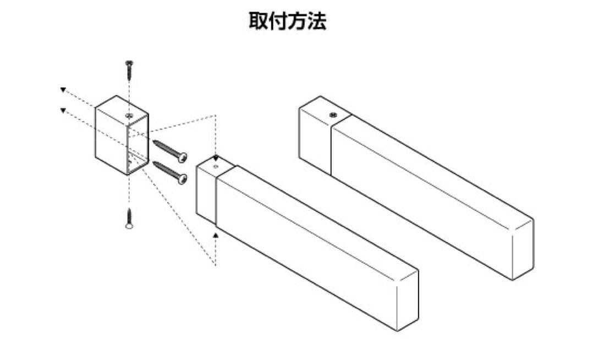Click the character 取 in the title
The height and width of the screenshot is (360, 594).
258,21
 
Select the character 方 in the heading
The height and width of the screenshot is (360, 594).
298,21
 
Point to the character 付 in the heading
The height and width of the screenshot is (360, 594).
278,21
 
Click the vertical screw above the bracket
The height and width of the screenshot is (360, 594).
130,69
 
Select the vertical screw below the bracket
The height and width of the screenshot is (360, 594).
129,219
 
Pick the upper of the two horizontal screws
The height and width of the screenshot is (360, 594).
170,150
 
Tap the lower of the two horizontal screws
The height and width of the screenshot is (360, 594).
170,172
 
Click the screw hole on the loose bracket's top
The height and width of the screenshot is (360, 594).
129,115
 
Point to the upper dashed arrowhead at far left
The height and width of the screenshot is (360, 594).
63,90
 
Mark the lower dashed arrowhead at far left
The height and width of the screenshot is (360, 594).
63,110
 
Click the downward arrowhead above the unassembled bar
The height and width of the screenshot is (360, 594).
216,158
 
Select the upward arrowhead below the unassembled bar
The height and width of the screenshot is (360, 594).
216,236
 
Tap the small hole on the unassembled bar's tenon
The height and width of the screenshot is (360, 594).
216,167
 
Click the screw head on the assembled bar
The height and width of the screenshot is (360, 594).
333,114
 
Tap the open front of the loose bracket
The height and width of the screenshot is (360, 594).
137,145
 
